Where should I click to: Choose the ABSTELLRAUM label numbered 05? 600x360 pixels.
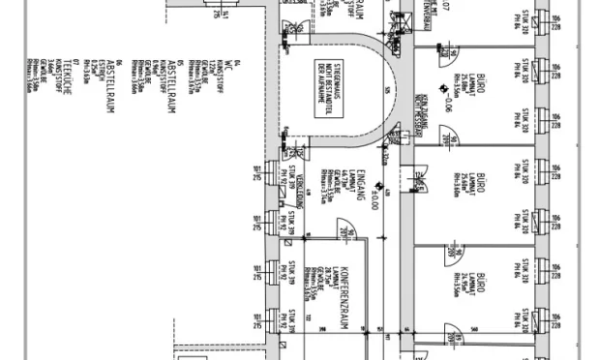pos(171,87)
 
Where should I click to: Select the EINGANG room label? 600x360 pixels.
pos(360,180)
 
